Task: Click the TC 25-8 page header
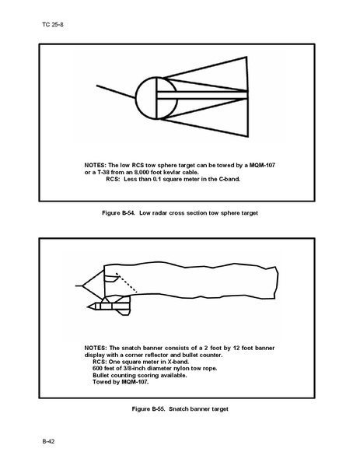tap(53, 25)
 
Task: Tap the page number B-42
tap(48, 441)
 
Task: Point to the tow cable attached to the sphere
tap(116, 92)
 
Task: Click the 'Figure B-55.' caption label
tap(149, 409)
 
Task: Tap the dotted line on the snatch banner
tap(127, 282)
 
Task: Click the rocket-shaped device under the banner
tap(109, 306)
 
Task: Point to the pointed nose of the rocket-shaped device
tap(87, 307)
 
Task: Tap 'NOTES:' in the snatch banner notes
tap(96, 348)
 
